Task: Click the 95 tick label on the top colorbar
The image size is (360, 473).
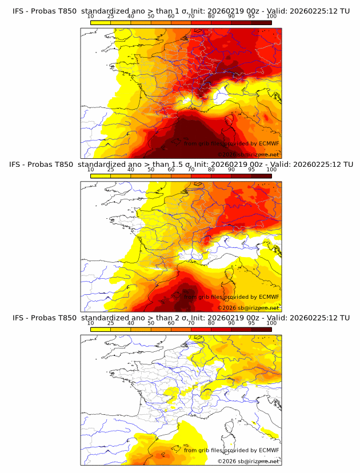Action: [x=251, y=17]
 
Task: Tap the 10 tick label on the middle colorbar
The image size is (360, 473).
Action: [x=90, y=170]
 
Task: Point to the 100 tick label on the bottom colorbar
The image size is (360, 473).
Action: [x=271, y=323]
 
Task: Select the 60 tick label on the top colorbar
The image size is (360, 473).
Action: [x=171, y=17]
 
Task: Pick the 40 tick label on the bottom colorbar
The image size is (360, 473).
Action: [x=130, y=323]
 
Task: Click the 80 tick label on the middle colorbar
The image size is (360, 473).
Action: [x=211, y=170]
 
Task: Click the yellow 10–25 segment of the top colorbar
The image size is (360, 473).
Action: [x=100, y=22]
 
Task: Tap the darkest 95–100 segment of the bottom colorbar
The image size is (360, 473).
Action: [x=262, y=329]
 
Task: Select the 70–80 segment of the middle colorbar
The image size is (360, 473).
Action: [x=201, y=175]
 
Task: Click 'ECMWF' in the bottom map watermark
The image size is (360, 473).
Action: [x=269, y=450]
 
